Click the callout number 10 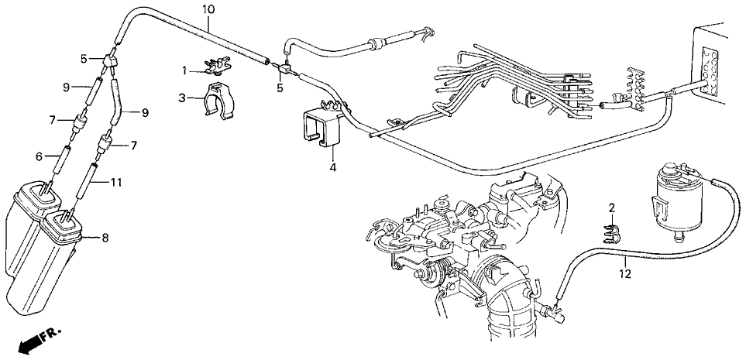point(208,9)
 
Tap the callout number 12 point(625,274)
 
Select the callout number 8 point(105,238)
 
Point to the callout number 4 point(333,167)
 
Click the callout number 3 point(182,98)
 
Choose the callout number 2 point(612,207)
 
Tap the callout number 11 point(115,182)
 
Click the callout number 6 point(40,156)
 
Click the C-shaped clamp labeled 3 point(218,101)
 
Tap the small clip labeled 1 point(217,67)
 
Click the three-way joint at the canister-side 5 point(110,61)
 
